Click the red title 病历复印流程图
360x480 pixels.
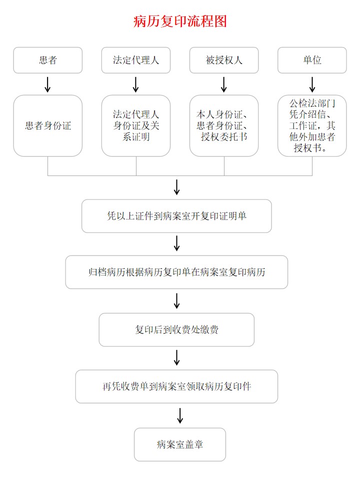(x=180, y=21)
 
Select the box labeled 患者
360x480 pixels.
(x=48, y=60)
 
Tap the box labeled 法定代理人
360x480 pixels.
(x=136, y=60)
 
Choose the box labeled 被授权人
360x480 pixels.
(x=224, y=60)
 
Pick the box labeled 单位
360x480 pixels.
(x=312, y=60)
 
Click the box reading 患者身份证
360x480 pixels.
(x=48, y=125)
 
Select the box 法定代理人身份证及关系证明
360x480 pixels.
(x=136, y=125)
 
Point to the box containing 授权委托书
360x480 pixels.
(x=224, y=125)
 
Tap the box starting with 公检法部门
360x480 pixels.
(x=312, y=125)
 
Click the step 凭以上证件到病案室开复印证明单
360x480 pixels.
(x=176, y=216)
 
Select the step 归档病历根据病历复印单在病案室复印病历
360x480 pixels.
(x=176, y=272)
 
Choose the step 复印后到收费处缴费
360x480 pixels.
(x=176, y=329)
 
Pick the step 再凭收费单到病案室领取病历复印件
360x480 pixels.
(x=176, y=386)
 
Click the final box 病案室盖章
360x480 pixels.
(x=180, y=444)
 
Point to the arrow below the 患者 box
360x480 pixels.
(x=48, y=84)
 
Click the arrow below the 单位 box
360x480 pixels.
(x=312, y=84)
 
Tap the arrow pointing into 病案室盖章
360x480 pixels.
(x=180, y=415)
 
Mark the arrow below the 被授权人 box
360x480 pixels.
(x=224, y=84)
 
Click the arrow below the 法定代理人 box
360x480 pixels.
(x=136, y=84)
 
